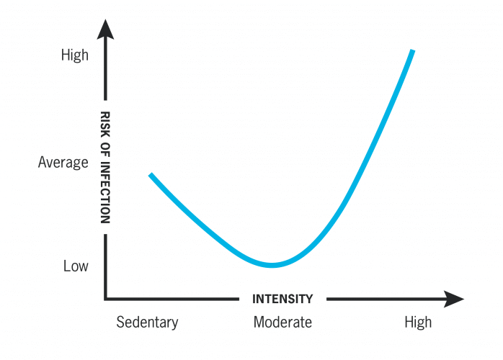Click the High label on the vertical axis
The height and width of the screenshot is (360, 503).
click(75, 55)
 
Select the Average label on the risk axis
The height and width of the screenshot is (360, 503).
click(63, 163)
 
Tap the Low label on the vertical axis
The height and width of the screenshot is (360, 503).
click(76, 266)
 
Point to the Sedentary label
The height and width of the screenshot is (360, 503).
click(147, 322)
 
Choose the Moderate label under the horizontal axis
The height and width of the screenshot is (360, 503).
click(282, 322)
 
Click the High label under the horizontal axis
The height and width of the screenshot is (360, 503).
click(418, 322)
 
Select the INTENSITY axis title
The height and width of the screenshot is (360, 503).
click(282, 299)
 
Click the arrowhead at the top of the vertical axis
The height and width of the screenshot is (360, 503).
click(105, 30)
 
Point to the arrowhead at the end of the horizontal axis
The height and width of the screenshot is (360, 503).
click(454, 299)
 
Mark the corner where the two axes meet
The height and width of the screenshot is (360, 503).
click(106, 298)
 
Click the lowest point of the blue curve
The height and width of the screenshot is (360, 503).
click(272, 264)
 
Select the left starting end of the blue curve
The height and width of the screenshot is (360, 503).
click(151, 176)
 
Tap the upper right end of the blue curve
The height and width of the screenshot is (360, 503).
click(412, 51)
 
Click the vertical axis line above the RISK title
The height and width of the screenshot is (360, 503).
click(105, 72)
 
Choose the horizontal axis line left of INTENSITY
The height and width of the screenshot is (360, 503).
click(173, 298)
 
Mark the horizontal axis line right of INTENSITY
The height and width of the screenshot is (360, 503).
click(382, 298)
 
